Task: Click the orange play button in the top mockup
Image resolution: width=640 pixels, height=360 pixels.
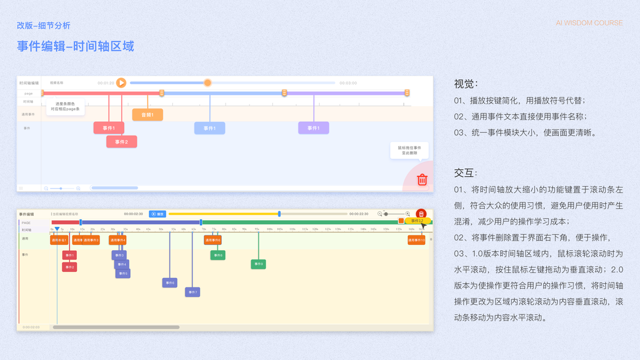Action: pos(121,83)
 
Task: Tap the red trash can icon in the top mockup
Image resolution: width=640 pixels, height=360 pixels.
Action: pos(422,179)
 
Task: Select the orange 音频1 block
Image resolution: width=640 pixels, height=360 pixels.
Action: pos(148,115)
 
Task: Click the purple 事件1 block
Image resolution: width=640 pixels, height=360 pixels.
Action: pos(314,128)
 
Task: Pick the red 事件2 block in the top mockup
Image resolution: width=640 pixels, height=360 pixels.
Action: pos(122,142)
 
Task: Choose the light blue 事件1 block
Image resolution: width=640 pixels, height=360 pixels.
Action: pos(209,128)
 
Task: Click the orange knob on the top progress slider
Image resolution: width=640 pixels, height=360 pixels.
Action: pos(208,83)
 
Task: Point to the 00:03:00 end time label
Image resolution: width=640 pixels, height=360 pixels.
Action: pos(348,83)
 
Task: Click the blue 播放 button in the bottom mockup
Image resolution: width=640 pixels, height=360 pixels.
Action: pos(157,214)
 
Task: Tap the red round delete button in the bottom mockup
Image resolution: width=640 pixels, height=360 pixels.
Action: pos(421,214)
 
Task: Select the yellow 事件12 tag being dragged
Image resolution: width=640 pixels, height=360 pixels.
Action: pos(417,221)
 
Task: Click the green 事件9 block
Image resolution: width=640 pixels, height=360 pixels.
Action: pos(258,264)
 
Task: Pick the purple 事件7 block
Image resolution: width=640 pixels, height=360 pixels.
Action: pos(193,292)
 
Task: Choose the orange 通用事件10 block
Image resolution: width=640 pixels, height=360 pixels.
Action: pos(416,240)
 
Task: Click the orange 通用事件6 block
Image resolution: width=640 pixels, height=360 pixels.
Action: pos(213,240)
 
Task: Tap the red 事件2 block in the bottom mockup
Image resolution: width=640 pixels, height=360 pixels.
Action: pos(70,266)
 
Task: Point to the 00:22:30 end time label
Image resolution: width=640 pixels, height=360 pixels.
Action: pos(359,214)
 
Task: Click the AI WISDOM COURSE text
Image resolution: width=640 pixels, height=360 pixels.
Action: pos(589,23)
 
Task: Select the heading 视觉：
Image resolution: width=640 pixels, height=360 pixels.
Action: pos(466,84)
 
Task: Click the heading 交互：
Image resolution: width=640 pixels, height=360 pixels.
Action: pos(466,173)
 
